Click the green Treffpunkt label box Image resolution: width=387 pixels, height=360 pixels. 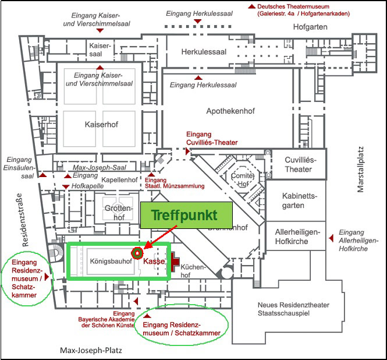coord(184,215)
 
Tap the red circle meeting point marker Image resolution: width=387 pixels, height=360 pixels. coord(137,253)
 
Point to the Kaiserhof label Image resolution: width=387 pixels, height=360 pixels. coord(101,124)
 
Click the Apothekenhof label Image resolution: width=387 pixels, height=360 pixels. coord(232,111)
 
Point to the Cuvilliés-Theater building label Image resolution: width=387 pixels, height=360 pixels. coord(299,165)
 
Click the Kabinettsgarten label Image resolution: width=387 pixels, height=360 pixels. coord(299,201)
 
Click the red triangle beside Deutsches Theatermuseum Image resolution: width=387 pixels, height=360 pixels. coord(251,6)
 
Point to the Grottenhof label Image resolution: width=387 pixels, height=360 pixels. coord(115,213)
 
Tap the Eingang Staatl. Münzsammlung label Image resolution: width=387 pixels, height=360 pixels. coord(174,183)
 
